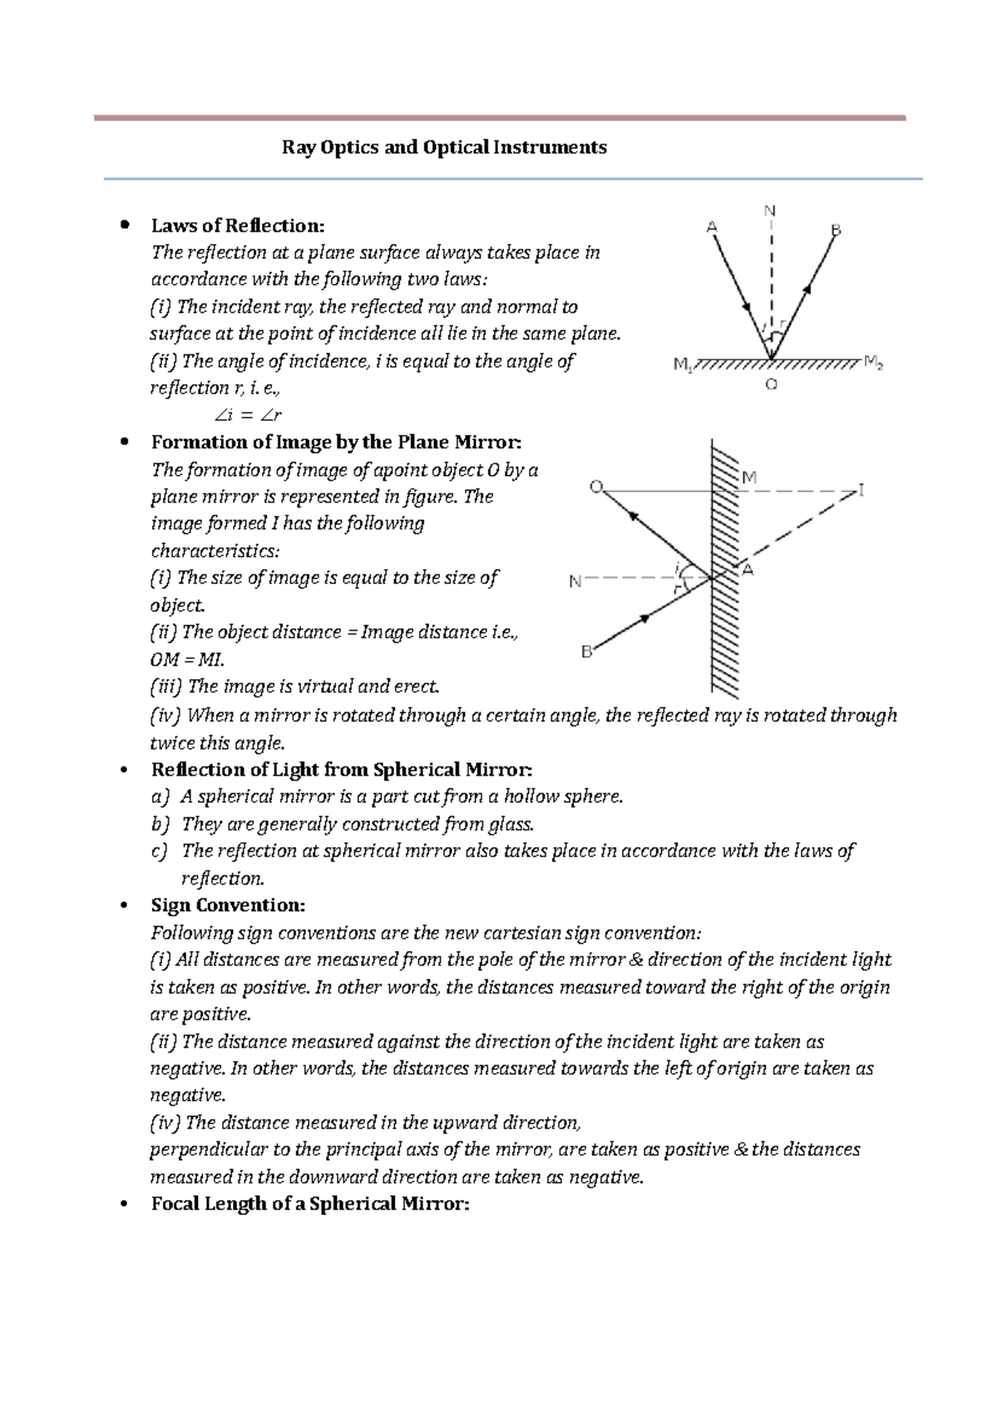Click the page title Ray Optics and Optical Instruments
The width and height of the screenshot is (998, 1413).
coord(444,148)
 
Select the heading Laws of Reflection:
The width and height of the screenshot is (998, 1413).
coord(237,226)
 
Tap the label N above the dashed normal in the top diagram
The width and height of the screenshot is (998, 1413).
coord(770,211)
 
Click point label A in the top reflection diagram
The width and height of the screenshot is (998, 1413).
coord(712,226)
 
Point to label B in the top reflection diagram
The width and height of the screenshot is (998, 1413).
coord(835,230)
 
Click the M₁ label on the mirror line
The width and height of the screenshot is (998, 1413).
coord(682,364)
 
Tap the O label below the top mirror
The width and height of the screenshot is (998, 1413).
coord(771,384)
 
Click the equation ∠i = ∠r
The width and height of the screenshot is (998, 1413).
coord(248,415)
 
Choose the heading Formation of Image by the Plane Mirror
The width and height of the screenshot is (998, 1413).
coord(336,442)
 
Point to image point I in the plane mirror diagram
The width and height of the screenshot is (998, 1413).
coord(862,491)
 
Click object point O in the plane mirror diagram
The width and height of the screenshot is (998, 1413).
coord(595,486)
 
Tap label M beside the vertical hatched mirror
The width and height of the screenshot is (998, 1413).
coord(748,478)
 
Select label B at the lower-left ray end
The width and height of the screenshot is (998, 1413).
coord(586,652)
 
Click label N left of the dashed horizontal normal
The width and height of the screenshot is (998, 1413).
coord(575,582)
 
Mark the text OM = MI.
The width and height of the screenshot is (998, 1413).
coord(187,660)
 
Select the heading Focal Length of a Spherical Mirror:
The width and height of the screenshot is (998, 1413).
coord(310,1203)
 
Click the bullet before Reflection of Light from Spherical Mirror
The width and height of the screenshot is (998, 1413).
coord(124,770)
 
